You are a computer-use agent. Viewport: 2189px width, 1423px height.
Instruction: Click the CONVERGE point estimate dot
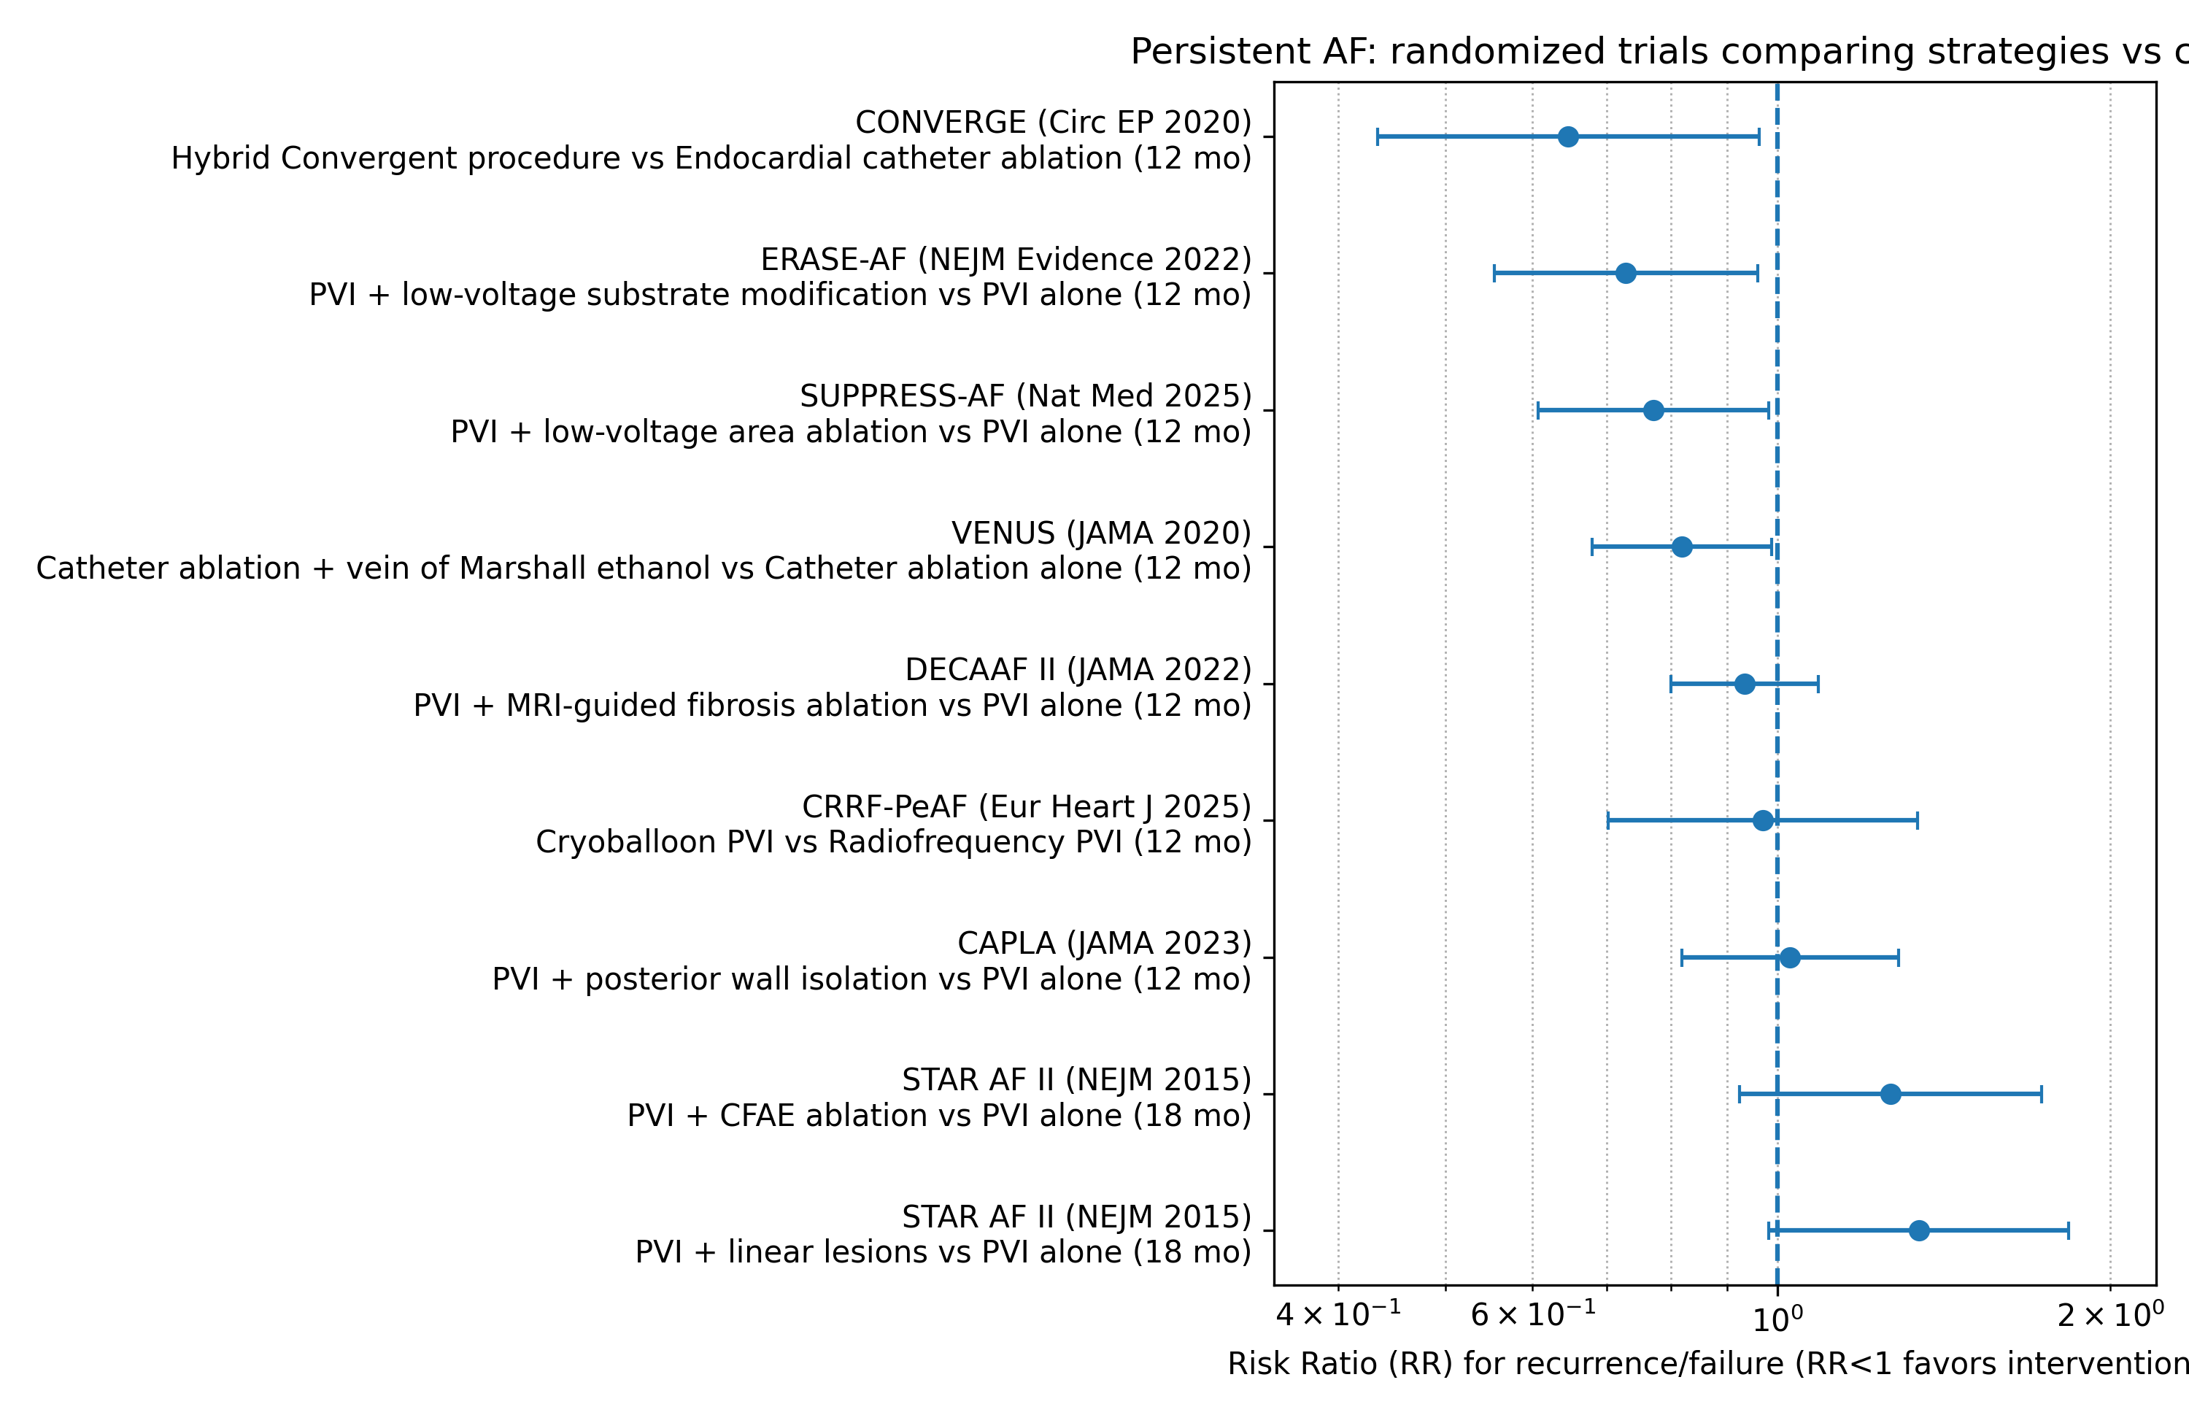click(1568, 137)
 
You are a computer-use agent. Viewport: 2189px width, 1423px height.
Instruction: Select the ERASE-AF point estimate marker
click(1626, 273)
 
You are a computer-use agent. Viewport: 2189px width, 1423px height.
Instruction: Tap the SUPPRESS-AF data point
click(1653, 410)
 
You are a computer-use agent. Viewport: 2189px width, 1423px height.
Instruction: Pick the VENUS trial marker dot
click(1682, 547)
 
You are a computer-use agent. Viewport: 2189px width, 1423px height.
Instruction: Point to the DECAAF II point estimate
click(1745, 684)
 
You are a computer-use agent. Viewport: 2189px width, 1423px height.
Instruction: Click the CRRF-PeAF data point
click(1763, 820)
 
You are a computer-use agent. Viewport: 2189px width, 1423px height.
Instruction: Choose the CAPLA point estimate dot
click(1790, 957)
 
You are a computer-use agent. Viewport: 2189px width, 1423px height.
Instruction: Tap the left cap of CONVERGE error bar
click(1378, 137)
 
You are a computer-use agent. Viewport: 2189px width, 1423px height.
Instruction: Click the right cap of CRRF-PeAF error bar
click(1918, 820)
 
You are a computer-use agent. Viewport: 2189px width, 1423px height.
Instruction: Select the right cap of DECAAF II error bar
click(1818, 684)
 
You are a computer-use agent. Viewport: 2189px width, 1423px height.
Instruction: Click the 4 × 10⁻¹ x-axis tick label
click(1338, 1316)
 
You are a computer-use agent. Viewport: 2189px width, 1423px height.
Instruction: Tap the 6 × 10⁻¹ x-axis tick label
click(1533, 1316)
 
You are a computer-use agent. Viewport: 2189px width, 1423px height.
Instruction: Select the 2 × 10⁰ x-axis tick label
click(2111, 1316)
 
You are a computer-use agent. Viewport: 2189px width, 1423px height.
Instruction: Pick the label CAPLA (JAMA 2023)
click(1105, 944)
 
